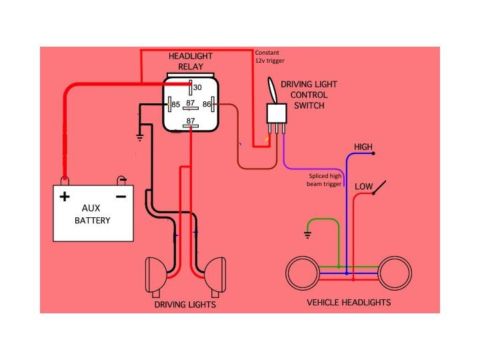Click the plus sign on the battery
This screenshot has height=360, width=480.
[x=65, y=197]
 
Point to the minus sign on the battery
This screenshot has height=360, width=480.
[x=121, y=197]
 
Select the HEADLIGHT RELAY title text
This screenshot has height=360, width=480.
[x=190, y=62]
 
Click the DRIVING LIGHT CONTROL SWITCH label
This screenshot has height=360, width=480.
[x=309, y=95]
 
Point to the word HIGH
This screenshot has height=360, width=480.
[x=363, y=147]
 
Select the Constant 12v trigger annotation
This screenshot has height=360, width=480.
[x=270, y=57]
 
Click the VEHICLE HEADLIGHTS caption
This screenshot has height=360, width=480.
[x=348, y=302]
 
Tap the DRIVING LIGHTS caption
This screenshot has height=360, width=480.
[x=185, y=305]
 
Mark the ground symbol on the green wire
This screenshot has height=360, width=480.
[x=307, y=234]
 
